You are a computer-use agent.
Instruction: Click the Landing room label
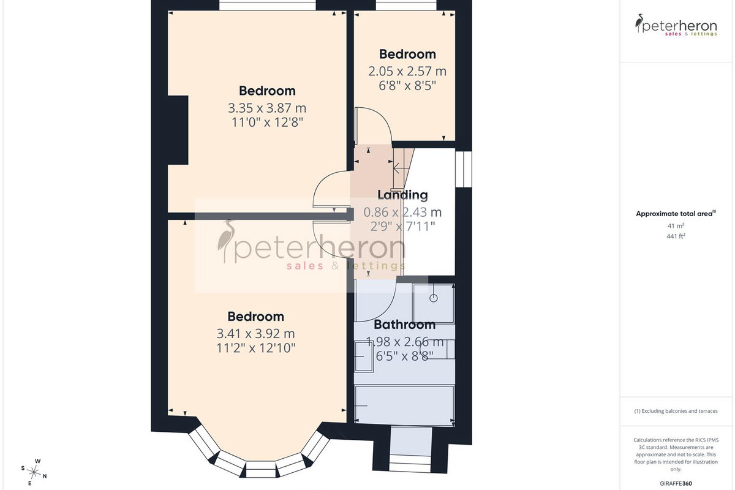[402, 195]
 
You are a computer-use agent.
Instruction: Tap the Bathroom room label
[405, 325]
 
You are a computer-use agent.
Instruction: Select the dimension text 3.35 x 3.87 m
[267, 108]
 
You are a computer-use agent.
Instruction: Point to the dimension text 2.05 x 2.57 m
[407, 71]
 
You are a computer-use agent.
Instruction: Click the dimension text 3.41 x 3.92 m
[255, 334]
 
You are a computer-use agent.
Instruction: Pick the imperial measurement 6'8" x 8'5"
[407, 86]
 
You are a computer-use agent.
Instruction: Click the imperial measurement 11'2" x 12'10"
[256, 348]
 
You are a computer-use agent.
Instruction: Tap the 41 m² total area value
[676, 226]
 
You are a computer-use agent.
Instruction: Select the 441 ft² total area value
[676, 236]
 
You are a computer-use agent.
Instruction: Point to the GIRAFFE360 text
[676, 483]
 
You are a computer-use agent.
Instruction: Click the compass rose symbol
[34, 473]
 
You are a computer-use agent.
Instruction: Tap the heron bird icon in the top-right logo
[639, 23]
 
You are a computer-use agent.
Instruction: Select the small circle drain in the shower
[434, 298]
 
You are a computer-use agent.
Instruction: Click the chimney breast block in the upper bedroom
[178, 130]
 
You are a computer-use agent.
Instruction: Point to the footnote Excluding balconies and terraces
[676, 411]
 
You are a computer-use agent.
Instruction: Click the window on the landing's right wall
[464, 169]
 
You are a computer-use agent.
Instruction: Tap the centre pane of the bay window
[261, 469]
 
